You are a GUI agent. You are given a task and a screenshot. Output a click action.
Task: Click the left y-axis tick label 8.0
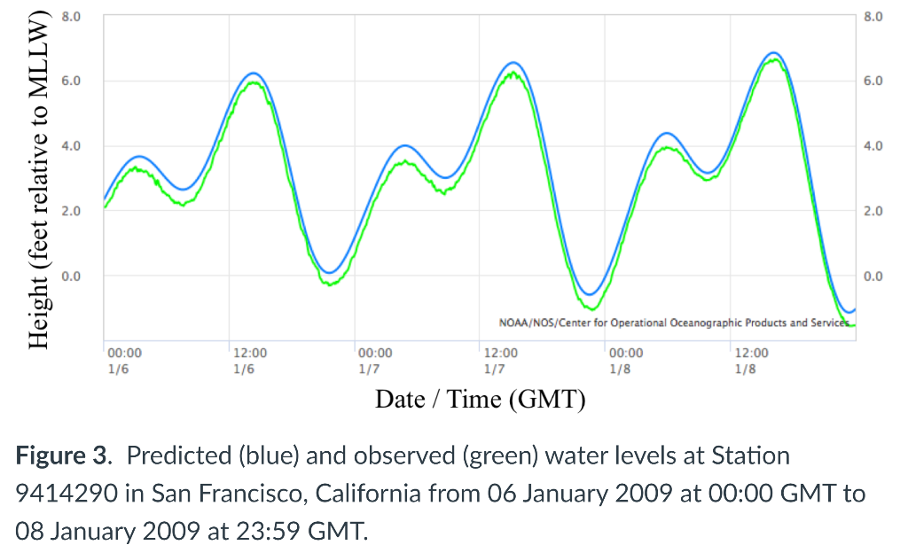pyautogui.click(x=70, y=16)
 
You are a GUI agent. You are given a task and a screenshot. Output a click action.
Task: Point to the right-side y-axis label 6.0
pyautogui.click(x=874, y=82)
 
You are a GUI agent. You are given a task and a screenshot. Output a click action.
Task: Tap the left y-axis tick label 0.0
pyautogui.click(x=70, y=276)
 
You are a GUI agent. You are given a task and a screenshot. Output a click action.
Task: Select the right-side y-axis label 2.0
pyautogui.click(x=874, y=211)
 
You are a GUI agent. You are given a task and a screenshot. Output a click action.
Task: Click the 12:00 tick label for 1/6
pyautogui.click(x=249, y=353)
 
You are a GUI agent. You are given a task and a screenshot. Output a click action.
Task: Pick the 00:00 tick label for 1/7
pyautogui.click(x=375, y=353)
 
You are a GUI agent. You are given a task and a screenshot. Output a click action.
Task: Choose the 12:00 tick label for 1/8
pyautogui.click(x=751, y=353)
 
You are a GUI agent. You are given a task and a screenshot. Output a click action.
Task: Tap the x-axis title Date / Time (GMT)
pyautogui.click(x=481, y=399)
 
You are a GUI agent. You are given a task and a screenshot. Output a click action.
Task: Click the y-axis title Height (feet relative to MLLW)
pyautogui.click(x=38, y=183)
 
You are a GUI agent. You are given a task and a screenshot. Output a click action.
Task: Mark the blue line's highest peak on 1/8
pyautogui.click(x=773, y=53)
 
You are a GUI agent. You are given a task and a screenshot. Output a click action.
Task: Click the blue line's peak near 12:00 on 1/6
pyautogui.click(x=254, y=73)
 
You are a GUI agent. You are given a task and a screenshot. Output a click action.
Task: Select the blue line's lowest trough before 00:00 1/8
pyautogui.click(x=588, y=294)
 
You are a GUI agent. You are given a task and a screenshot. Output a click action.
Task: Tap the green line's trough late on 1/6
pyautogui.click(x=330, y=284)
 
